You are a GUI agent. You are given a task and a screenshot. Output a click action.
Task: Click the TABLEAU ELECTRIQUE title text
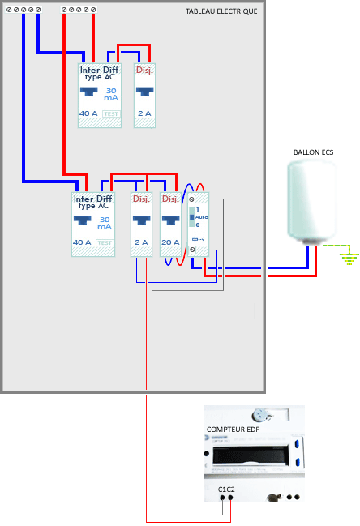(x=221, y=11)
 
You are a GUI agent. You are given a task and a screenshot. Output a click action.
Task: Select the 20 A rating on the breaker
(x=169, y=242)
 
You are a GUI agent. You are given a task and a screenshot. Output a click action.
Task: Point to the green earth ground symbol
(x=349, y=258)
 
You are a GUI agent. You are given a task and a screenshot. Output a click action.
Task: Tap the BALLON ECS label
(x=313, y=152)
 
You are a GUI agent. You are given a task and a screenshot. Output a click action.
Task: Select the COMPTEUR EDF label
(x=234, y=429)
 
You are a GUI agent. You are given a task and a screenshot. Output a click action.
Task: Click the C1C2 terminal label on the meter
(x=226, y=489)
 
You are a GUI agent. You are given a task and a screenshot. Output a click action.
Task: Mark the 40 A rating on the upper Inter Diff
(x=88, y=113)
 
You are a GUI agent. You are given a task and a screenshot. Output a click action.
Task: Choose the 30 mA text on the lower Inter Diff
(x=105, y=223)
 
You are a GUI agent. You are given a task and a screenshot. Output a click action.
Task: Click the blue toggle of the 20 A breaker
(x=169, y=219)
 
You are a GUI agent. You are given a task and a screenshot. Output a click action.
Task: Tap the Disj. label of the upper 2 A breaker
(x=144, y=71)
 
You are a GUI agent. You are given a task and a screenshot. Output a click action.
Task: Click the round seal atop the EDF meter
(x=259, y=413)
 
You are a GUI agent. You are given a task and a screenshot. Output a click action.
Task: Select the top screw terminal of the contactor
(x=192, y=199)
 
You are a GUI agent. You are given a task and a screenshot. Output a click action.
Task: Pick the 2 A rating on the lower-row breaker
(x=141, y=242)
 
